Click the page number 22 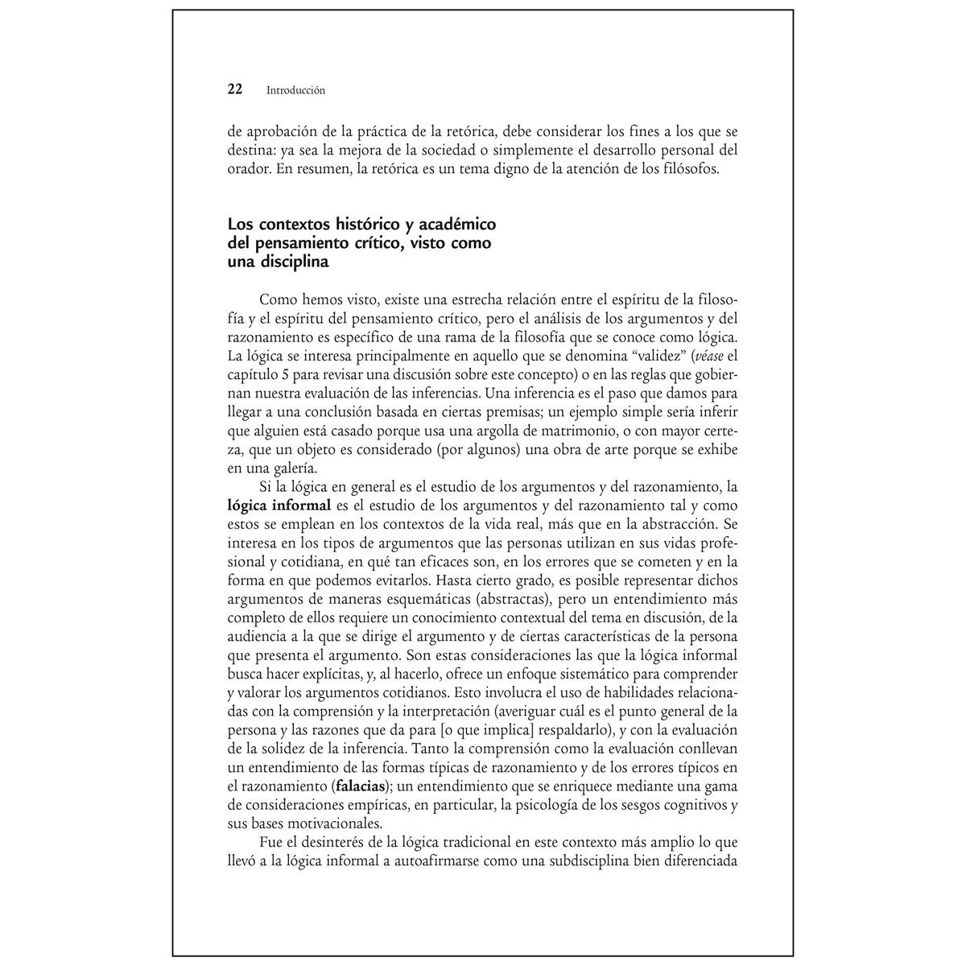coord(235,90)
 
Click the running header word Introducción coord(295,91)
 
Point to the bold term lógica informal coord(279,506)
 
